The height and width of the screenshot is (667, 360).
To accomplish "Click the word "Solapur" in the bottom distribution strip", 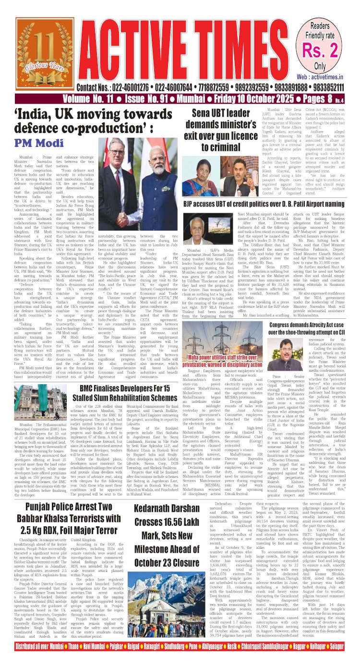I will pyautogui.click(x=345, y=659).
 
